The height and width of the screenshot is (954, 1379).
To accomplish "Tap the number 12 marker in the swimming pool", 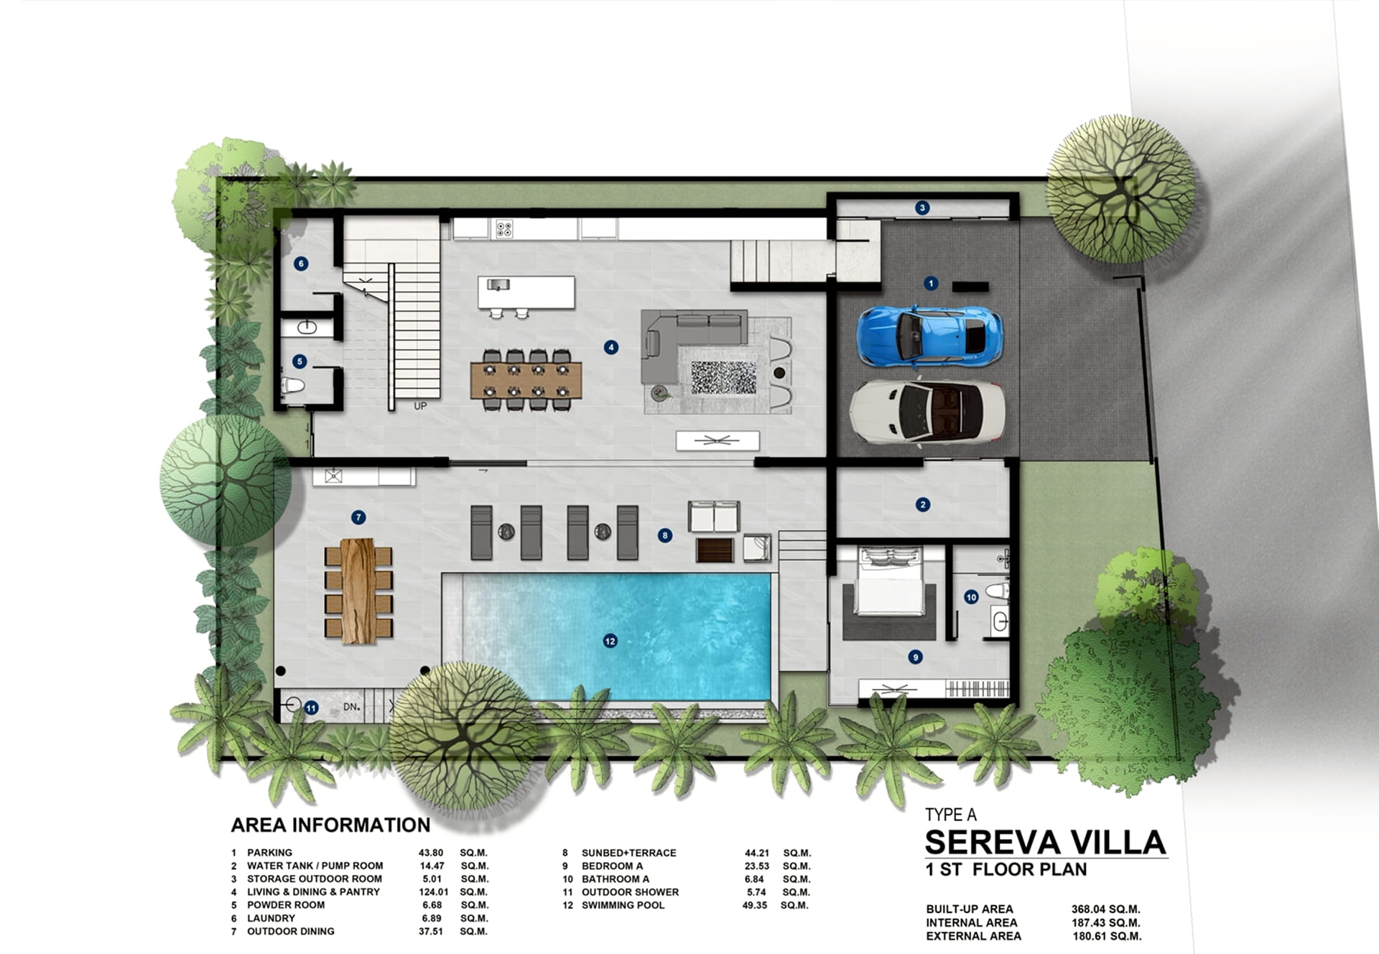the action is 610,641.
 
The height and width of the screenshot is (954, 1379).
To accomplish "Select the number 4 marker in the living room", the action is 610,348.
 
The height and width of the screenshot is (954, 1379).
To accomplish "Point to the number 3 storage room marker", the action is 922,208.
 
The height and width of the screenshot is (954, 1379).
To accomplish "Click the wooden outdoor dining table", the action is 358,591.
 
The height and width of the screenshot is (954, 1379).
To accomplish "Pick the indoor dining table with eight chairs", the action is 526,380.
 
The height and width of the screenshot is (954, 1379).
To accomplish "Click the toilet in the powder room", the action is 292,386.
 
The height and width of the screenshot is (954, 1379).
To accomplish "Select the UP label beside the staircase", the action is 420,406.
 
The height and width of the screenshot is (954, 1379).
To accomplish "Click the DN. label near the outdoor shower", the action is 351,707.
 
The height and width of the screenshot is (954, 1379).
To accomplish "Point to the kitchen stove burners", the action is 504,228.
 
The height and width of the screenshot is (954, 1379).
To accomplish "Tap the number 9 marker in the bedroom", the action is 914,657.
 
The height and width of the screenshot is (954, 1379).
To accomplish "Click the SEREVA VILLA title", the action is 1045,842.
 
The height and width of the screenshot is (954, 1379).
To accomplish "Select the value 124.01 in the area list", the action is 434,892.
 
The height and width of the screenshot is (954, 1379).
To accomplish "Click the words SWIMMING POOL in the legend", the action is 623,905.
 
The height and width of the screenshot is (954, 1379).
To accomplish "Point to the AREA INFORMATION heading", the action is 330,825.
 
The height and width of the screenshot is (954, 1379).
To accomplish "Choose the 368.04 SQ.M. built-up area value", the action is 1106,909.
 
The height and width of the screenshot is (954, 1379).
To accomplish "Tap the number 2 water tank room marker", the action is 923,505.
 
